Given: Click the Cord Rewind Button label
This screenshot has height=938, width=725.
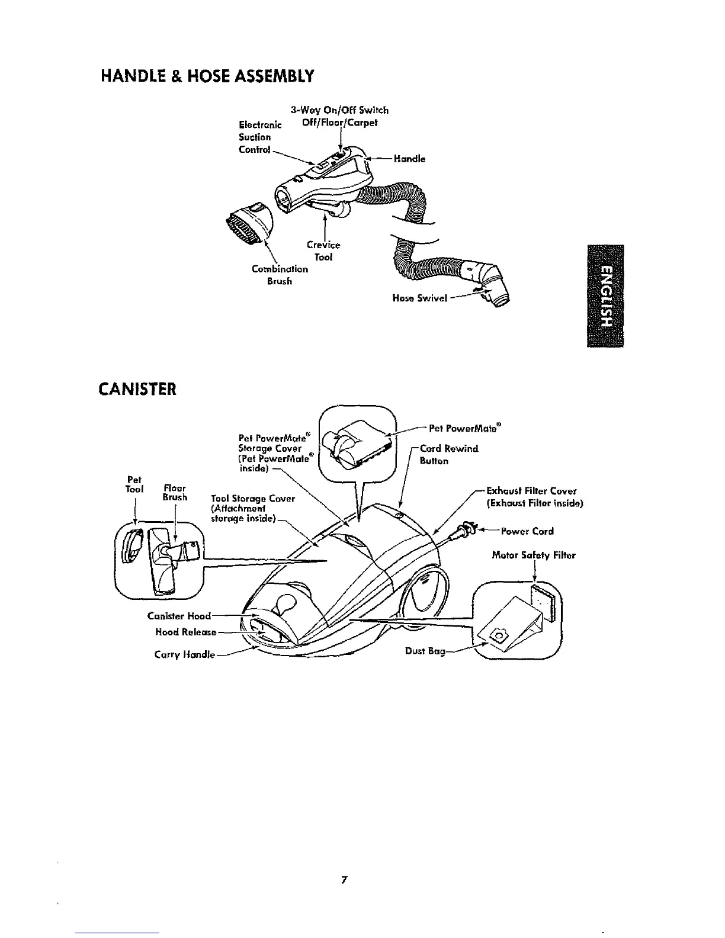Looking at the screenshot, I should (448, 454).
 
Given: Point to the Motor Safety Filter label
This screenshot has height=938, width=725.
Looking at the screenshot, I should (534, 555).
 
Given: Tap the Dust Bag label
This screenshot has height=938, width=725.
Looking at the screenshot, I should (424, 650).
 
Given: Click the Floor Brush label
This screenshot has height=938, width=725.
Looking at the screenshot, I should (175, 493).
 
